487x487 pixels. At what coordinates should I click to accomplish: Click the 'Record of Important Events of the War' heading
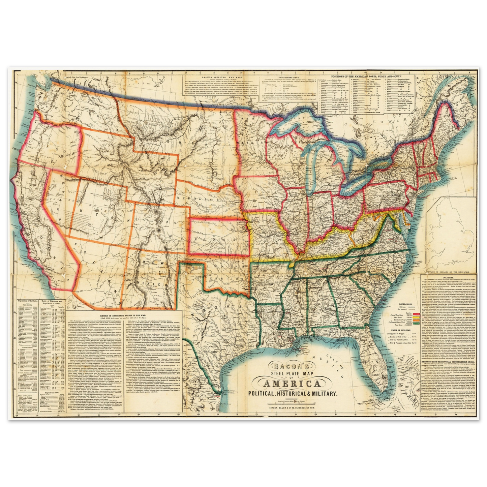click(124, 315)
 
